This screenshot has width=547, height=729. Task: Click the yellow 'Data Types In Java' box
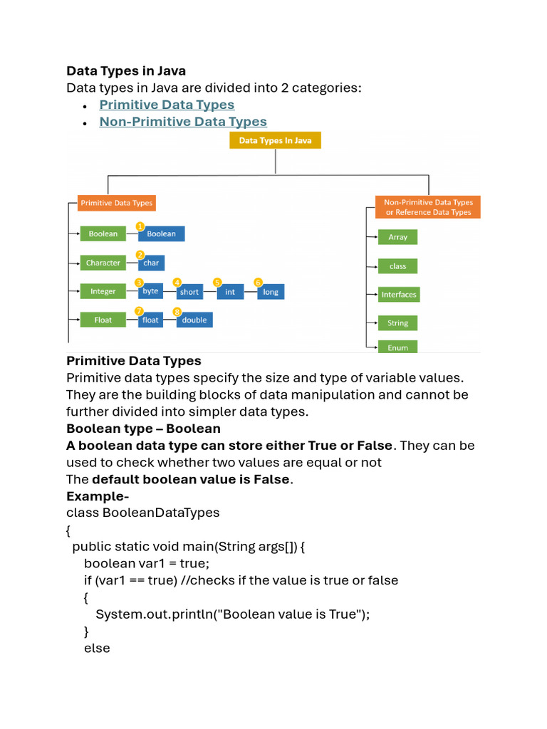click(275, 141)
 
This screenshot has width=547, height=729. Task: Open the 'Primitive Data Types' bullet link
click(167, 105)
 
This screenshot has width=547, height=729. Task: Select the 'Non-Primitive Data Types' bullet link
click(183, 122)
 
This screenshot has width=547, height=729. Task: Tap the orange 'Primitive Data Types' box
click(116, 203)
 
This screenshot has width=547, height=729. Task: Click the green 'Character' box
click(103, 263)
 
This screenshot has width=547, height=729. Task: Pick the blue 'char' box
click(151, 263)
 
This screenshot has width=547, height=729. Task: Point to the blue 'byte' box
click(150, 291)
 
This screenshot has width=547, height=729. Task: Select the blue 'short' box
click(189, 292)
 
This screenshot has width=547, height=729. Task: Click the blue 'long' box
click(270, 292)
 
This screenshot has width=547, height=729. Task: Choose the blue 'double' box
click(194, 320)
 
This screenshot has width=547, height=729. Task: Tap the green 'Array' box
click(397, 237)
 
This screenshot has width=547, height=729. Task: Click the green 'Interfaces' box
click(398, 295)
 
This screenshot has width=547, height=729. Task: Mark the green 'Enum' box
click(397, 347)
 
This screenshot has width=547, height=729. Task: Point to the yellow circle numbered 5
click(217, 282)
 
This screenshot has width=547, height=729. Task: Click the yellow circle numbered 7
click(139, 311)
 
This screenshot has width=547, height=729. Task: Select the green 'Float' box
click(103, 320)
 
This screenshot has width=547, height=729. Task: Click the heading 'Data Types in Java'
click(126, 70)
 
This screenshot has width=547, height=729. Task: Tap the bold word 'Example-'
click(98, 495)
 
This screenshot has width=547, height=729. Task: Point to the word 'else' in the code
click(97, 649)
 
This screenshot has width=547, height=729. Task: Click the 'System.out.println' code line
click(233, 614)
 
